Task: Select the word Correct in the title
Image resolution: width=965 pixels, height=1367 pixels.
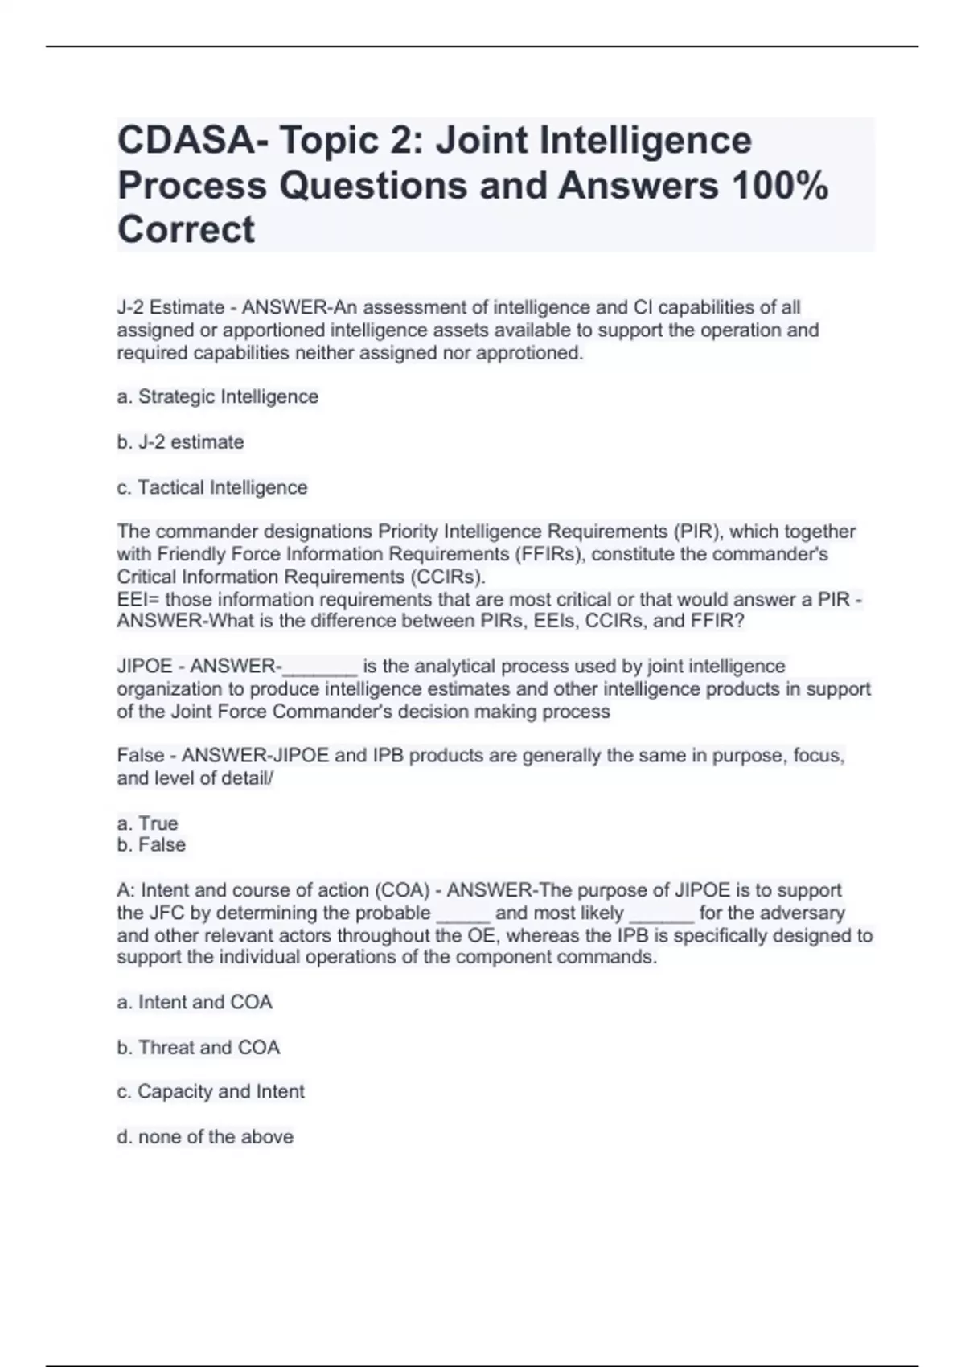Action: click(x=186, y=230)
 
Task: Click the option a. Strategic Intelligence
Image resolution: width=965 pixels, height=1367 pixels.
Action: click(x=217, y=396)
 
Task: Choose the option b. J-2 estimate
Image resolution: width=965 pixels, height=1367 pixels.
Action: click(x=180, y=441)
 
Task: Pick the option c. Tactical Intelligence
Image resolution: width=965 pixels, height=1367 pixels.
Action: click(x=211, y=487)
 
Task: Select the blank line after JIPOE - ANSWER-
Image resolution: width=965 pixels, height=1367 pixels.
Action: click(x=319, y=667)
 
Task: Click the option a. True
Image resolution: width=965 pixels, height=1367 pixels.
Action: click(x=147, y=823)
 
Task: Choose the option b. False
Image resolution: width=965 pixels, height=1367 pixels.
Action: click(x=151, y=844)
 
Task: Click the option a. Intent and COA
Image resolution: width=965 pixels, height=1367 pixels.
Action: click(x=194, y=1002)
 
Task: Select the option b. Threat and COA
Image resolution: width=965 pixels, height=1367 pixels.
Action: click(x=198, y=1047)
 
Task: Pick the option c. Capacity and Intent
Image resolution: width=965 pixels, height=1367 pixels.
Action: click(x=210, y=1091)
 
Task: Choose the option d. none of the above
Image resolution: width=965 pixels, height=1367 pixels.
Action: click(x=204, y=1136)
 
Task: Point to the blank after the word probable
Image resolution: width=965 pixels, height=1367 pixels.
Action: click(x=462, y=914)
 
